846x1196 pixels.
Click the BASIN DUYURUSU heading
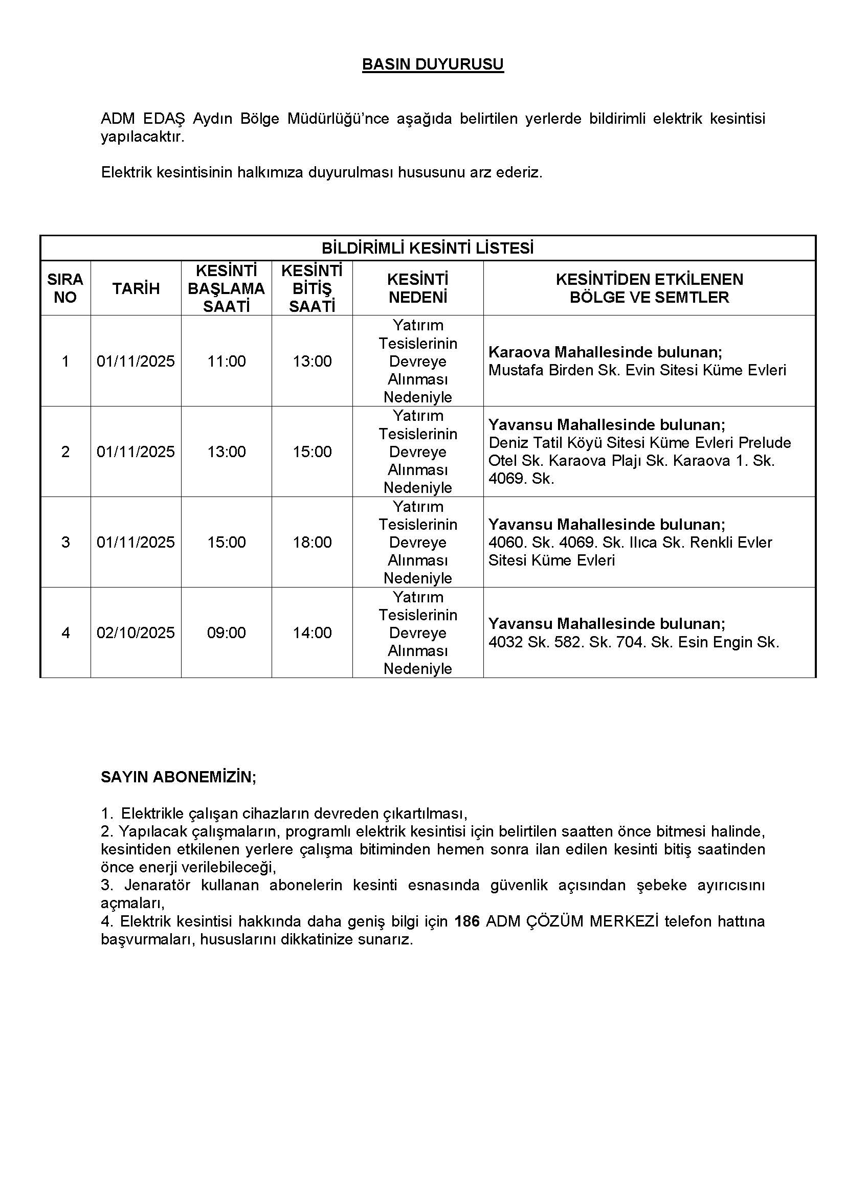tap(432, 64)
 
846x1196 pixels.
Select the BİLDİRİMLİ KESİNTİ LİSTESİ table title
tap(427, 248)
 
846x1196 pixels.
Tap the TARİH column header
tap(136, 288)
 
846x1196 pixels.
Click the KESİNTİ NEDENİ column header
tap(418, 288)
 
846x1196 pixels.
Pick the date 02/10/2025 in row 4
tap(136, 633)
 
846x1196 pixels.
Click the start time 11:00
tap(227, 361)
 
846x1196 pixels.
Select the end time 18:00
tap(312, 541)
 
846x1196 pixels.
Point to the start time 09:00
tap(227, 633)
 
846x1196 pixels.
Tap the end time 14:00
tap(312, 633)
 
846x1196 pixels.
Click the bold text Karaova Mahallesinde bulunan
tap(605, 352)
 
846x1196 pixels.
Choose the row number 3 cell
tap(65, 541)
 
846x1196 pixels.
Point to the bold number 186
tap(467, 921)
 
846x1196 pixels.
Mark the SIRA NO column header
tap(65, 288)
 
